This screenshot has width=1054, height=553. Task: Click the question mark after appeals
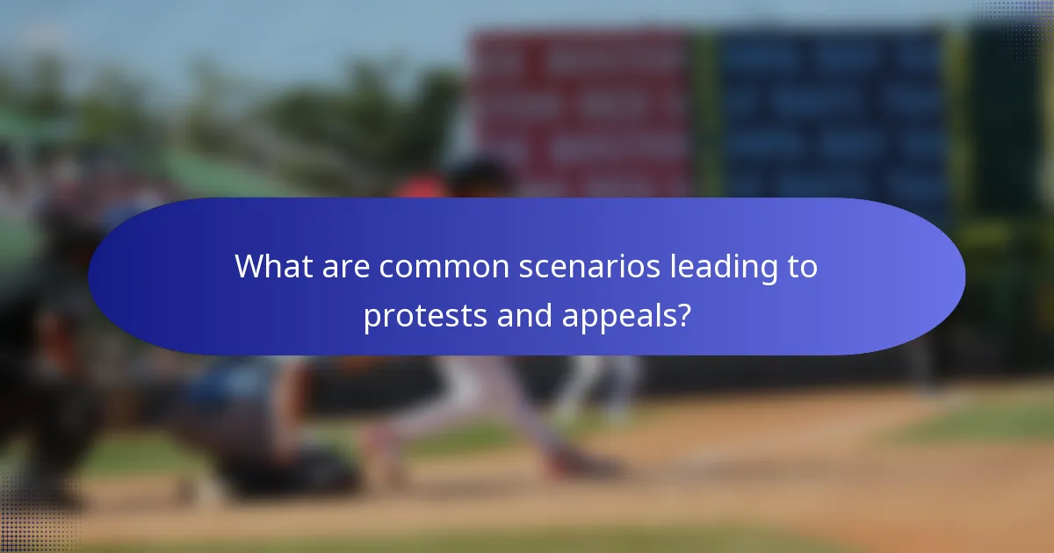click(x=681, y=314)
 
